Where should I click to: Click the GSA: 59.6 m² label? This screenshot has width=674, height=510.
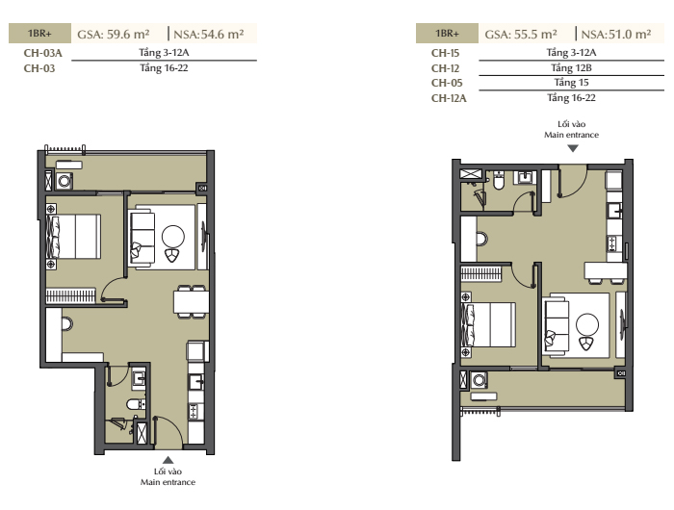(x=114, y=34)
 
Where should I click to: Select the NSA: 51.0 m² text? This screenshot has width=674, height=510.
(x=616, y=34)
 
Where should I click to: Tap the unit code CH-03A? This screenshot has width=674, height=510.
(x=43, y=53)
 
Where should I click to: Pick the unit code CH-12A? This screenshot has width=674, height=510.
(x=449, y=98)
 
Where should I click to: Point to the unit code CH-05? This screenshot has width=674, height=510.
(x=447, y=83)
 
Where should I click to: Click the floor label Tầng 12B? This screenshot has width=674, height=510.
(x=571, y=68)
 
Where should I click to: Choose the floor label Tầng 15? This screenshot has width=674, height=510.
(x=571, y=83)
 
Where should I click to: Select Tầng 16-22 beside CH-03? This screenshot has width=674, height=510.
(x=164, y=68)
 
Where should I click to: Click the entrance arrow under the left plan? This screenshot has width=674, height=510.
(x=168, y=460)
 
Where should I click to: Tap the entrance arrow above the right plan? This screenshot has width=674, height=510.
(x=573, y=148)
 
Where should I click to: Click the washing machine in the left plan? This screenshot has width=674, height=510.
(x=65, y=181)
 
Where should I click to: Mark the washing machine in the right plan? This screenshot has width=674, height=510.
(x=479, y=380)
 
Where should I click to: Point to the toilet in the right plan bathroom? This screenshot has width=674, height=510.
(x=499, y=181)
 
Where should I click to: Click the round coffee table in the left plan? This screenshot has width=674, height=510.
(x=173, y=237)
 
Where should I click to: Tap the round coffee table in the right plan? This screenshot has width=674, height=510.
(x=587, y=324)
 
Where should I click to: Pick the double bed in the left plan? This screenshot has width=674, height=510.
(x=74, y=237)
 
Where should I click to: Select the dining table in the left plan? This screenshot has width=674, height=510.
(x=192, y=302)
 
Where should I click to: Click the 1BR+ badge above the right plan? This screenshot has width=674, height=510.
(x=447, y=34)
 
